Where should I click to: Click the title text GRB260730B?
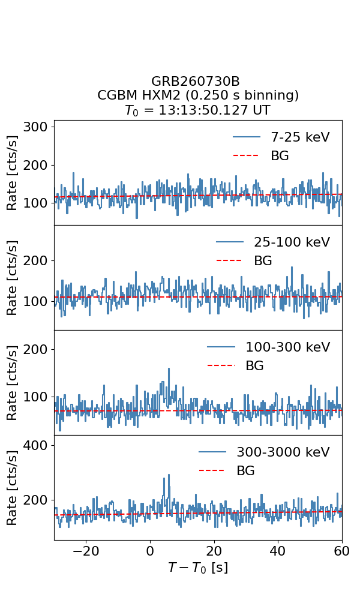click(196, 81)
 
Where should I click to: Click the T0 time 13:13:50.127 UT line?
click(198, 110)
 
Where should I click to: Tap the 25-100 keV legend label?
click(292, 242)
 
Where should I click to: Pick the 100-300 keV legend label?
click(287, 347)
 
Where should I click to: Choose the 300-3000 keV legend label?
click(283, 452)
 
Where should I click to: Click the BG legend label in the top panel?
click(280, 155)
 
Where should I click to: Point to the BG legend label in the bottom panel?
click(245, 470)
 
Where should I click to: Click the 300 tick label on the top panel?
click(35, 127)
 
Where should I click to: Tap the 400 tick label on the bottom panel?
click(35, 445)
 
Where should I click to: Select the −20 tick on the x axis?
click(86, 551)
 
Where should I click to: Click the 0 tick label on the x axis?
click(150, 551)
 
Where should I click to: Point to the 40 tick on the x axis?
click(278, 551)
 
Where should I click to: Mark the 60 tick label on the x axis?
click(341, 551)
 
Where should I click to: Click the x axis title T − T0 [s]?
click(198, 568)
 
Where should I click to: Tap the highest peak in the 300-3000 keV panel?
click(169, 475)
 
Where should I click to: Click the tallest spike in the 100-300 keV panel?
click(169, 369)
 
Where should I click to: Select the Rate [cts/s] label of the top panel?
click(12, 173)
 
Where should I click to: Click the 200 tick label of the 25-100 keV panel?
click(35, 260)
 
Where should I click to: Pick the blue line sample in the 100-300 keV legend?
click(221, 347)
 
